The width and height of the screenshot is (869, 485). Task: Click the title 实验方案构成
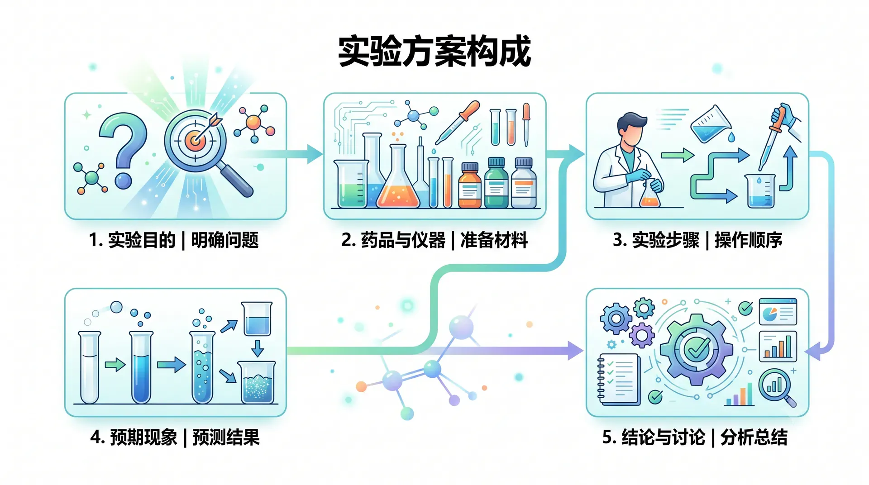[434, 51]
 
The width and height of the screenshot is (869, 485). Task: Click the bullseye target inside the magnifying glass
[196, 140]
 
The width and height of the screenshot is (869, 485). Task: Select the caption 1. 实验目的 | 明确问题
[174, 240]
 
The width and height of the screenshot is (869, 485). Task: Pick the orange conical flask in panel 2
[397, 179]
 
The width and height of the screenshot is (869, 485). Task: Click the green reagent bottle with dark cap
[496, 183]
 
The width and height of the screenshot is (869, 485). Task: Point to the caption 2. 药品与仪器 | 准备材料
[434, 240]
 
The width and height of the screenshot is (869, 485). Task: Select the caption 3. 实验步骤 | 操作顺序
[697, 240]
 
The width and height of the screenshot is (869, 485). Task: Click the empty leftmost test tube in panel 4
[89, 367]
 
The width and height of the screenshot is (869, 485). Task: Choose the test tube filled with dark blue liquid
[141, 367]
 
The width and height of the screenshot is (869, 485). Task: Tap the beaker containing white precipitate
[257, 382]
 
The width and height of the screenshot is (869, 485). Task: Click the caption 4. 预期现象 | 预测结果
[175, 437]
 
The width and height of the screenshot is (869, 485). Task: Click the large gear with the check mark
[696, 349]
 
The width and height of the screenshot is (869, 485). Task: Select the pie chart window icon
[778, 311]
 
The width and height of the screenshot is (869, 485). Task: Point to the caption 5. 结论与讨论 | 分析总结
[695, 437]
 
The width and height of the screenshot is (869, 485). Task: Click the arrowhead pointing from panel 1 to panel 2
[315, 154]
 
